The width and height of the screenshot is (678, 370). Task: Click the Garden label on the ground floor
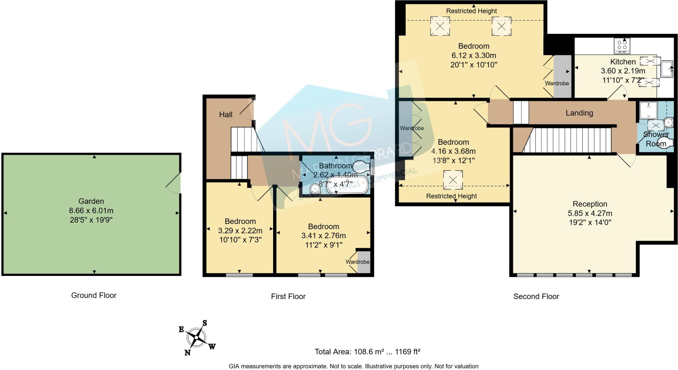tap(91, 201)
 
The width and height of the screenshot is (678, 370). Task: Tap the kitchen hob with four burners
tap(622, 46)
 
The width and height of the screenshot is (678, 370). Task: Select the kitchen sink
tap(666, 69)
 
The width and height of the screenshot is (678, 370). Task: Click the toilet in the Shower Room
tap(665, 143)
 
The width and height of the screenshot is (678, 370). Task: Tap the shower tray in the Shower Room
tap(648, 110)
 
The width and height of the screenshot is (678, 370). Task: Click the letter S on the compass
tap(205, 323)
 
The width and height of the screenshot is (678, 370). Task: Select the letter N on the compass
tap(187, 353)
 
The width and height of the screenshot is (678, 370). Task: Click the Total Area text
tap(367, 351)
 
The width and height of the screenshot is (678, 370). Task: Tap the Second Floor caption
tap(536, 296)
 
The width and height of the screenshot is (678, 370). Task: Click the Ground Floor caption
tap(94, 295)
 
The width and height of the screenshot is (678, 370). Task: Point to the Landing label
tap(579, 113)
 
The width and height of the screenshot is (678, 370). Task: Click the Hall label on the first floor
tap(225, 115)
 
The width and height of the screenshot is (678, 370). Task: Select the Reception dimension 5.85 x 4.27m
tap(590, 213)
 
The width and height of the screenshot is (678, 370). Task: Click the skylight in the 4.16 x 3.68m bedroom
tap(453, 180)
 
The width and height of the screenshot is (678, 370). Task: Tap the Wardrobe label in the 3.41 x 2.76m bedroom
tap(357, 262)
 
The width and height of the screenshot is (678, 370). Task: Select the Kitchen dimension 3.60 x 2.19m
tap(623, 71)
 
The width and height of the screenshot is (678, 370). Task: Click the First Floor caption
tap(288, 296)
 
